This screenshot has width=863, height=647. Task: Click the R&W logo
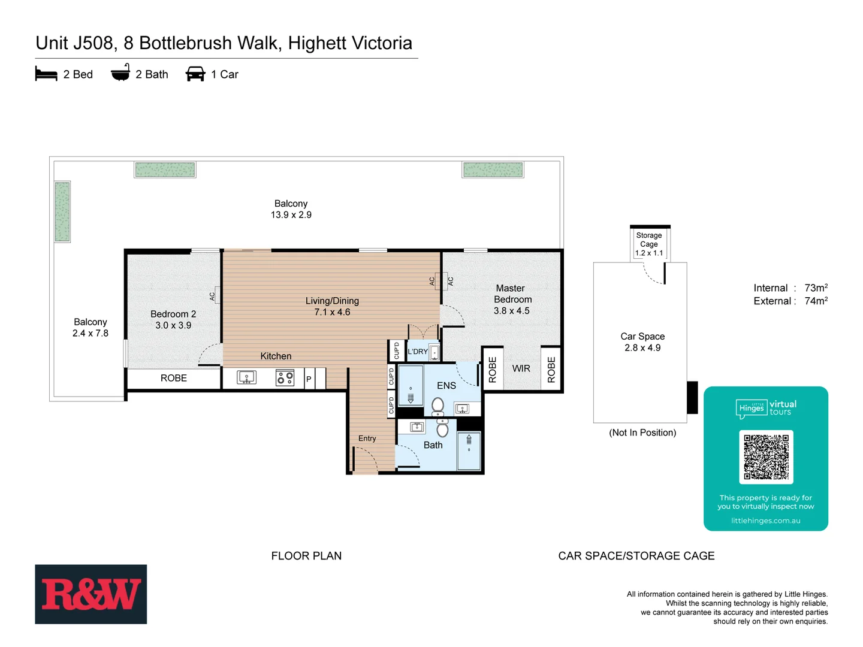pos(90,594)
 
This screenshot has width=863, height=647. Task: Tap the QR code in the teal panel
pos(766,456)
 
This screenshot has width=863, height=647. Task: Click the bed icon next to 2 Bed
pos(46,74)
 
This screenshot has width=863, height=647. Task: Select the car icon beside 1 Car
pos(195,74)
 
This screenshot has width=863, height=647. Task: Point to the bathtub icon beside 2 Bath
pos(120,73)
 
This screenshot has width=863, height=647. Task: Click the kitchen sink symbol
pos(246,377)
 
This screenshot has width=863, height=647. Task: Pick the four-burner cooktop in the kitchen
pos(285,377)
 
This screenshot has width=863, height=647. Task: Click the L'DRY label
pos(418,352)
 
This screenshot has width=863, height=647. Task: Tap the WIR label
pos(521,368)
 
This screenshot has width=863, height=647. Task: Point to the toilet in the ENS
pos(438,406)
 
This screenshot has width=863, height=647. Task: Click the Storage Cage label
pos(649,240)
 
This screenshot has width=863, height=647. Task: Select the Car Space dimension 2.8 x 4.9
pos(642,347)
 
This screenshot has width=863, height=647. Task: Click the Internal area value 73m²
pos(816,288)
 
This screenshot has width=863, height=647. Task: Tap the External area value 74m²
pos(816,301)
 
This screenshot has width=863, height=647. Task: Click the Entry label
pos(367,439)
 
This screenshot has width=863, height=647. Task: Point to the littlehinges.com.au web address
pos(765,521)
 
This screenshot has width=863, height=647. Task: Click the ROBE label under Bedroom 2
pos(174,378)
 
